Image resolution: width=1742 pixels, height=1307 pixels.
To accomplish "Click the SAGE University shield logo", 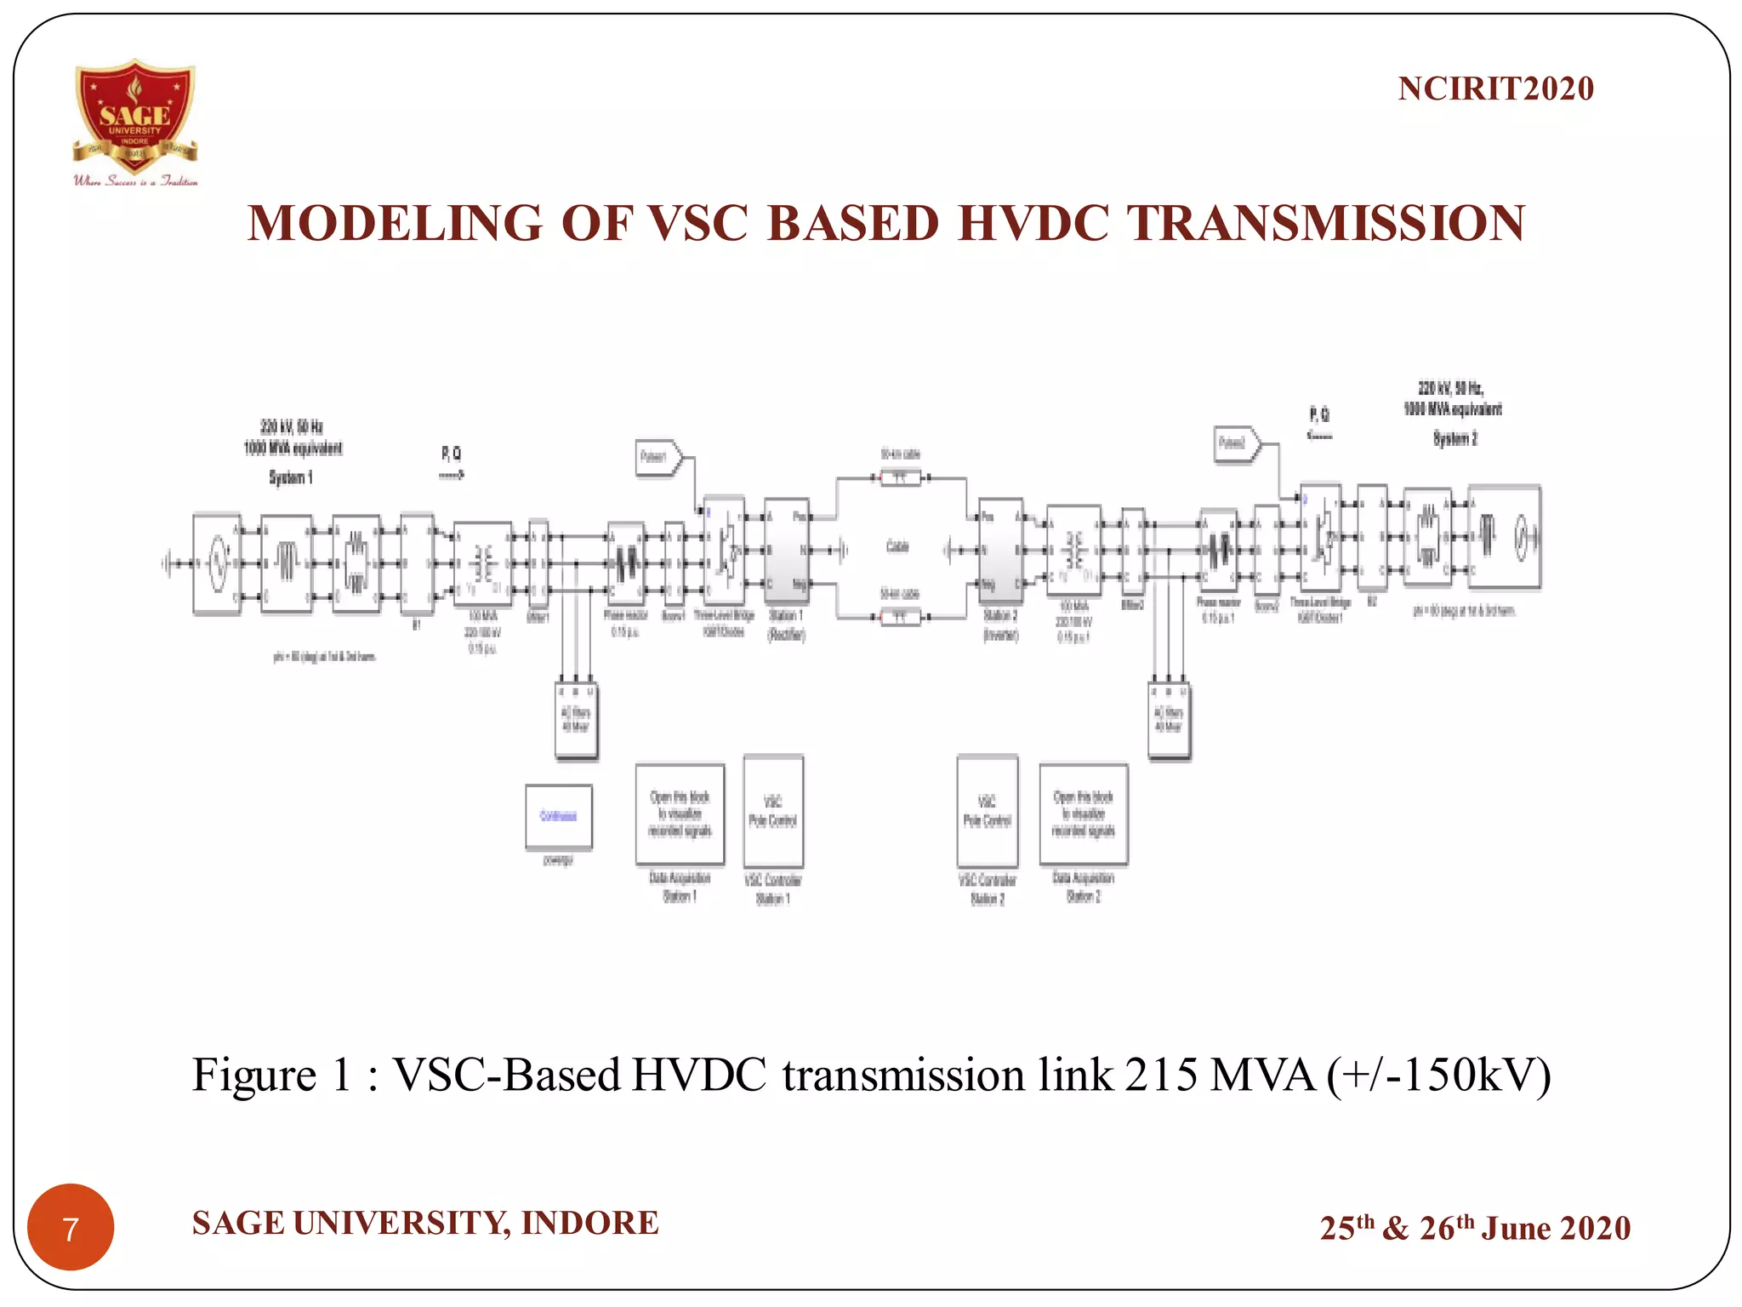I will click(135, 115).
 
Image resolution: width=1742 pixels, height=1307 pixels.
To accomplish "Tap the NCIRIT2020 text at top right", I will click(1495, 88).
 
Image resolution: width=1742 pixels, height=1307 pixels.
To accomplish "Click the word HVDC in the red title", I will click(1033, 224).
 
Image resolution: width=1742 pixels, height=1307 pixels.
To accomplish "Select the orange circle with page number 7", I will click(71, 1226).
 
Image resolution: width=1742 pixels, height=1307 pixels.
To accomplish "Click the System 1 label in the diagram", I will click(291, 477).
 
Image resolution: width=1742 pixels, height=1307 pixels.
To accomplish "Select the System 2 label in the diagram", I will click(1455, 439).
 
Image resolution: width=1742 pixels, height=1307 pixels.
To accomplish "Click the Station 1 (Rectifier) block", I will click(786, 551).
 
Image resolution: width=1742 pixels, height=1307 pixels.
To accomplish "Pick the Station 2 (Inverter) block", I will click(1000, 551).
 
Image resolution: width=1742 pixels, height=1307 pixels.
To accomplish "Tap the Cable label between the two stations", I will click(898, 546).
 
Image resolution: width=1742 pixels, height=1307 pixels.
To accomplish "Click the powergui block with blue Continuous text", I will click(558, 816).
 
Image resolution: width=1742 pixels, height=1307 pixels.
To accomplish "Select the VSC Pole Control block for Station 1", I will click(772, 811).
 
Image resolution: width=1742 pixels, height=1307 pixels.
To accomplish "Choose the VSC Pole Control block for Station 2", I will click(987, 811).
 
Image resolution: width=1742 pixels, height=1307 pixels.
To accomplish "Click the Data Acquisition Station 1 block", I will click(680, 813).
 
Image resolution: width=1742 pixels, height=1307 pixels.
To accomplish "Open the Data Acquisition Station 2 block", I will click(1083, 813).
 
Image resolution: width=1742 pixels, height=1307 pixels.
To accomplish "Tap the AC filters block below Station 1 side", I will click(576, 720).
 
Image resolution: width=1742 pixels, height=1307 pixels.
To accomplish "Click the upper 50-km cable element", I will click(900, 478).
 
